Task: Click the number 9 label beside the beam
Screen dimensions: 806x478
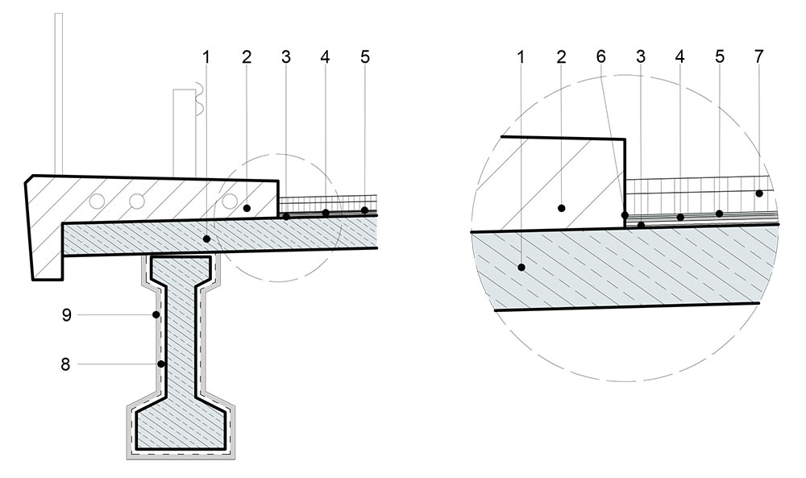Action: coord(66,314)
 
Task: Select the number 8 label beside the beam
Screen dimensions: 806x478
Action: coord(65,364)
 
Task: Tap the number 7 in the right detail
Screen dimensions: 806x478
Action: coord(759,56)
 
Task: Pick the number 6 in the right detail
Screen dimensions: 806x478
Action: coord(601,56)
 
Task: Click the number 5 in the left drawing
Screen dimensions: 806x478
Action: coord(365,56)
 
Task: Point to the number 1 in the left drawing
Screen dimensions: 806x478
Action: coord(206,56)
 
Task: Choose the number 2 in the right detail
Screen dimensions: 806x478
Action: coord(561,56)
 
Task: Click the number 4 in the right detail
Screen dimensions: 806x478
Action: coord(680,56)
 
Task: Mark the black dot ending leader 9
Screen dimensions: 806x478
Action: coord(156,314)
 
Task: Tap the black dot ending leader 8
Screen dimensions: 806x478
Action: coord(161,364)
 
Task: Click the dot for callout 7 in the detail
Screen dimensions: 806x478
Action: coord(759,193)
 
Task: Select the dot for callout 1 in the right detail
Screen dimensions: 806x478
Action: coord(521,268)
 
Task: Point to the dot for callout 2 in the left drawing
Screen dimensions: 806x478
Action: coord(247,208)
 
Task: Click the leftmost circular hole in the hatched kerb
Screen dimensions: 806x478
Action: coord(96,201)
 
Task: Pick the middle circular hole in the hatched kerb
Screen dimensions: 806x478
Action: coord(137,201)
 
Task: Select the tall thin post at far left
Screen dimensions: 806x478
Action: coord(59,94)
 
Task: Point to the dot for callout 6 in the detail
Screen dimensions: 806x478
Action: coord(625,215)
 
